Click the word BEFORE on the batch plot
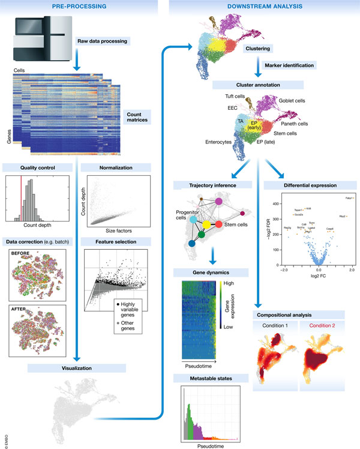tap(23, 255)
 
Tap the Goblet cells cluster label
tap(295, 101)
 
